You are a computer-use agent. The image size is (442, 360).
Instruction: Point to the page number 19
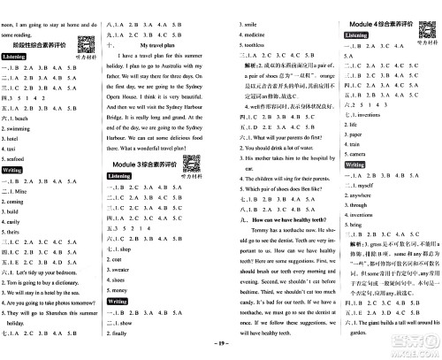[221, 352]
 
